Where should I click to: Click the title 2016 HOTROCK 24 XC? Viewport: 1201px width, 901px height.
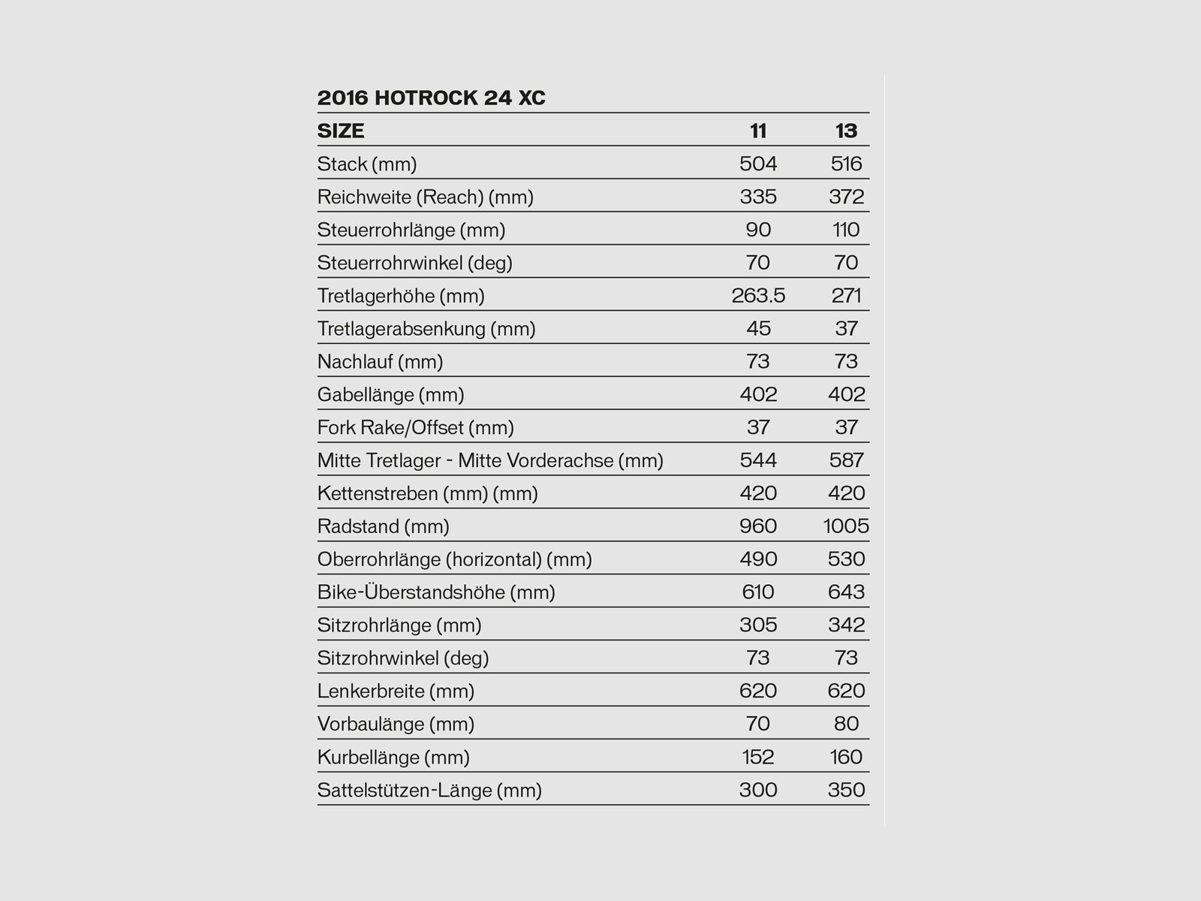tap(431, 98)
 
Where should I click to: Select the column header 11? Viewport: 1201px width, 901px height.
tap(758, 131)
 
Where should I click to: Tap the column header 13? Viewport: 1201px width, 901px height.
tap(846, 131)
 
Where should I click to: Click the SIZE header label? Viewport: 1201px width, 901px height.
tap(341, 131)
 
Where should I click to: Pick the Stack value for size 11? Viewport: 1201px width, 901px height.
tap(758, 164)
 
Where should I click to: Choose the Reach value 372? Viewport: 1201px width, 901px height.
tap(847, 197)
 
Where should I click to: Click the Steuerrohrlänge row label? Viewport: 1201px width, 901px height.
tap(411, 230)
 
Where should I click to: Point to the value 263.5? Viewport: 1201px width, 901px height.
tap(758, 296)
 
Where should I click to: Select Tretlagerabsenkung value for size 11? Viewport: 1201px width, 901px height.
tap(758, 329)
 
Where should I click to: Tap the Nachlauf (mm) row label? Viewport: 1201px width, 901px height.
tap(380, 362)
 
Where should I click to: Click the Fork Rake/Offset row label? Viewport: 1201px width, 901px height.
tap(415, 428)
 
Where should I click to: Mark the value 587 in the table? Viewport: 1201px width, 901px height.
tap(847, 460)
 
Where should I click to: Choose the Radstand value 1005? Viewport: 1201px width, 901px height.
tap(846, 526)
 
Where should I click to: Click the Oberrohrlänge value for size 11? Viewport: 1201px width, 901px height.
tap(758, 559)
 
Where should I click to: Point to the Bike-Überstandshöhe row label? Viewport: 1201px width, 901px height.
tap(436, 592)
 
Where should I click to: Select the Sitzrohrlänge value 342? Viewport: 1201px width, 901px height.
tap(847, 625)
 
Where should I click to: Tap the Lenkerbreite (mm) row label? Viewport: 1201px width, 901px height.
tap(396, 692)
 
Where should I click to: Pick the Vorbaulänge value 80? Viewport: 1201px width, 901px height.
tap(846, 724)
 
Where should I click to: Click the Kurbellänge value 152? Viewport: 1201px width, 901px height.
tap(758, 757)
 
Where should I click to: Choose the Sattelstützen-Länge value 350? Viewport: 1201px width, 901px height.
tap(847, 790)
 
